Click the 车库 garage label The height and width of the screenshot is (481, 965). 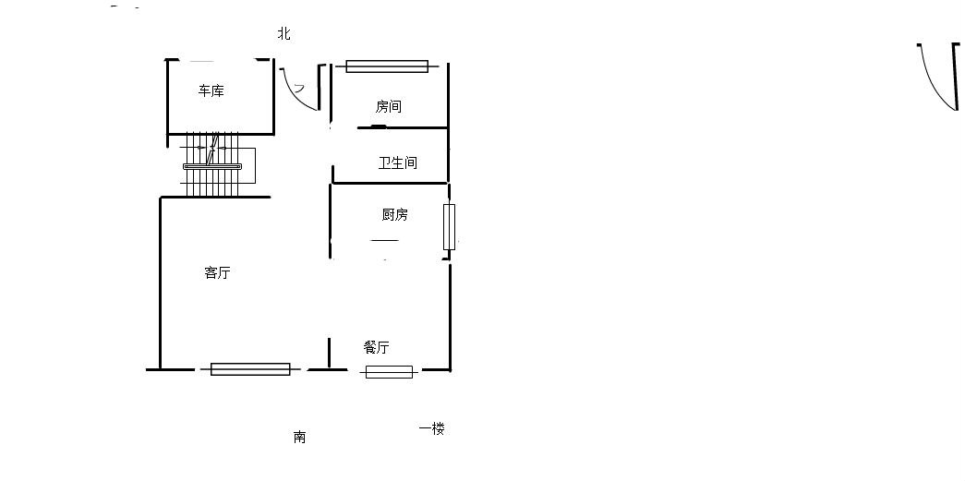(x=211, y=91)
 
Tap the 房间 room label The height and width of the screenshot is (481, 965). (x=389, y=106)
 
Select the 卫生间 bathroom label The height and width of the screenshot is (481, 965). (x=398, y=163)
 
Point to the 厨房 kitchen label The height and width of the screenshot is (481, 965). (x=394, y=215)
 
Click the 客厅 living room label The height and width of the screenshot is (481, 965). (x=217, y=272)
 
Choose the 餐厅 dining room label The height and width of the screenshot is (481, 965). (x=376, y=347)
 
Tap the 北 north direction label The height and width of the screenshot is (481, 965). (x=283, y=34)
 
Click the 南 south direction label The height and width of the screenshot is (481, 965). (x=299, y=437)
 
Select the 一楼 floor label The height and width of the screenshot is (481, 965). (x=431, y=428)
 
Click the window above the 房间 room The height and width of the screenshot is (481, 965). (x=387, y=66)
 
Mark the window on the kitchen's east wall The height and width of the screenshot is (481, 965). (x=450, y=227)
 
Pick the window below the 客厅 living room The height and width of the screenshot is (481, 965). (x=250, y=369)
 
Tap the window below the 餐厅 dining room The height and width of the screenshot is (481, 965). (x=389, y=371)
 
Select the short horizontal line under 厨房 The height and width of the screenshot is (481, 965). (x=385, y=240)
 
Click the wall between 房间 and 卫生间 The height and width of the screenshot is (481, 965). (x=403, y=127)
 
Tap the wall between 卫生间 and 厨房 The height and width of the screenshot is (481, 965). (x=391, y=183)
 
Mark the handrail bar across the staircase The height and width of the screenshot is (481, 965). (x=212, y=166)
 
